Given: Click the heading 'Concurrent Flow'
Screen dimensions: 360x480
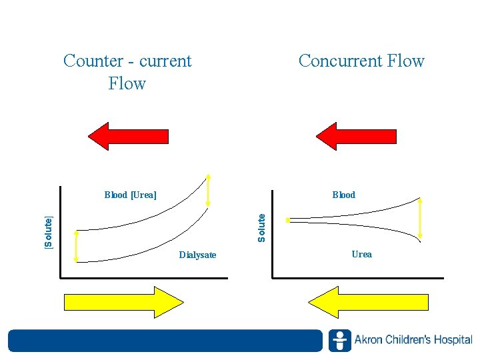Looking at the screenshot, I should click(x=361, y=61).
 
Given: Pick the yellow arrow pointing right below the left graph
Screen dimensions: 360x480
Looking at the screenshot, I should click(x=123, y=302).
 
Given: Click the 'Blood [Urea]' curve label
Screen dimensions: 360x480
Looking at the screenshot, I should click(x=131, y=195).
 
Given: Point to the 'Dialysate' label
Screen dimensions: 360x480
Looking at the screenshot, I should click(x=197, y=255).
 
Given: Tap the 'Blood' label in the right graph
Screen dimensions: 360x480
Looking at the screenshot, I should click(x=344, y=195).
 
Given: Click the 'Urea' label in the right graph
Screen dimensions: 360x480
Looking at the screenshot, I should click(x=361, y=254).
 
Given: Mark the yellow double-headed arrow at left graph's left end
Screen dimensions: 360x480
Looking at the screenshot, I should click(x=76, y=246).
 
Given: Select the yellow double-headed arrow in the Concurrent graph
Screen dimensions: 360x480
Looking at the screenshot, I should click(x=421, y=217).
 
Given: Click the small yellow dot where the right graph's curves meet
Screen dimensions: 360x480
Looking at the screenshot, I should click(x=287, y=219).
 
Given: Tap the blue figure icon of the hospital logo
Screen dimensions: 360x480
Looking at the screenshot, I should click(x=340, y=341).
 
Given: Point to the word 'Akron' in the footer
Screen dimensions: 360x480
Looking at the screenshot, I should click(x=369, y=341).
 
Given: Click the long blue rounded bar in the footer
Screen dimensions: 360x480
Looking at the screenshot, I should click(x=165, y=341).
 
